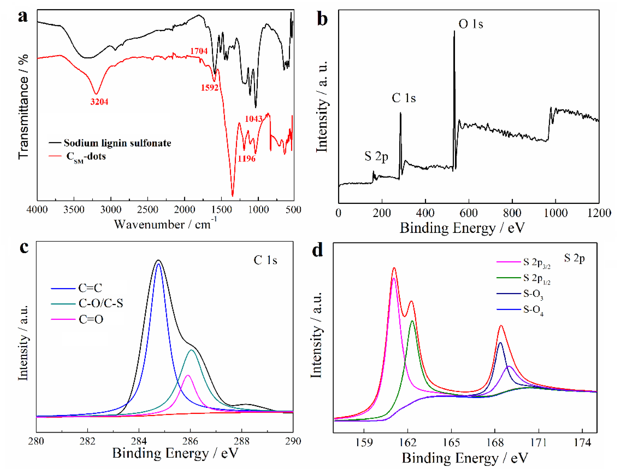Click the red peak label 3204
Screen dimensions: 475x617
pyautogui.click(x=99, y=102)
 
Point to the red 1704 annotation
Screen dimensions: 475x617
pyautogui.click(x=199, y=51)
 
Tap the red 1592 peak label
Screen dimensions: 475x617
pyautogui.click(x=210, y=88)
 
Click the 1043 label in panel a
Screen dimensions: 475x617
pyautogui.click(x=253, y=119)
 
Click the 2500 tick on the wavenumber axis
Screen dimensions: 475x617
pyautogui.click(x=147, y=210)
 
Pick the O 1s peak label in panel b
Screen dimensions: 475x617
pyautogui.click(x=471, y=24)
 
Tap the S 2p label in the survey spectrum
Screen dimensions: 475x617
pyautogui.click(x=376, y=156)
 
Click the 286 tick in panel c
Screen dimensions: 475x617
pyautogui.click(x=190, y=441)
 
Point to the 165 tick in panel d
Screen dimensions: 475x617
pyautogui.click(x=451, y=443)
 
